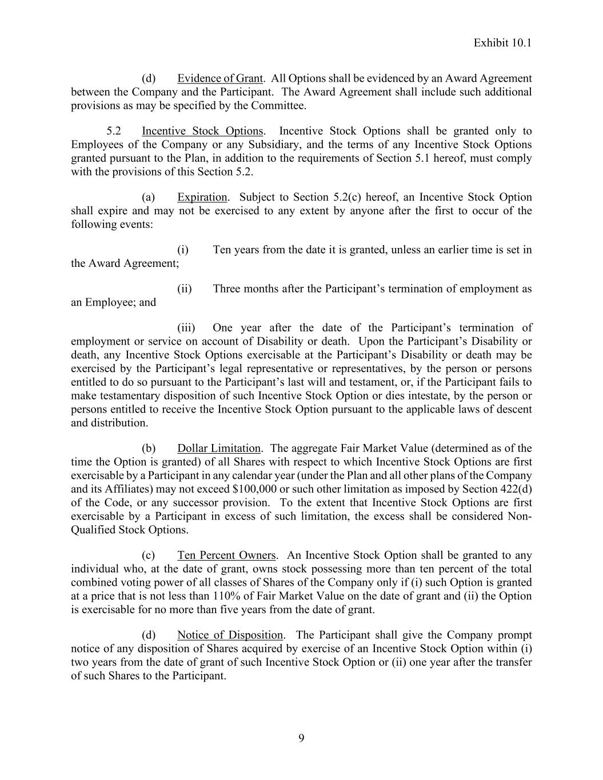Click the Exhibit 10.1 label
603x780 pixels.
pos(502,43)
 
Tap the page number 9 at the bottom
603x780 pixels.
pos(301,738)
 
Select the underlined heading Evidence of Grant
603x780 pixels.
pos(219,78)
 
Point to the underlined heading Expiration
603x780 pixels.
pos(202,197)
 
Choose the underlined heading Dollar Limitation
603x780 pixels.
pos(218,448)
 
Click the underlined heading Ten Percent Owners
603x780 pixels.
pos(226,555)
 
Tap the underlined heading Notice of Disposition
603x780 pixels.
pos(230,635)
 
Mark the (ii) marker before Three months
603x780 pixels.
pos(184,289)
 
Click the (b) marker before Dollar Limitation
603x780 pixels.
pos(149,448)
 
